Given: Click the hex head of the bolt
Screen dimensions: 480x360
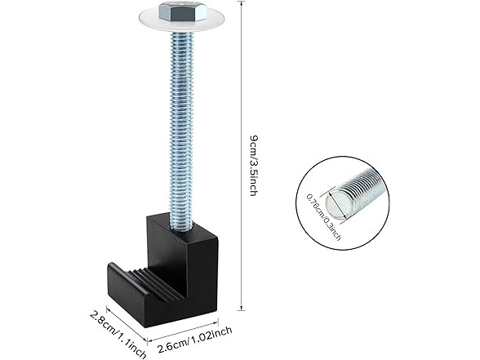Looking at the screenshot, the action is click(183, 11).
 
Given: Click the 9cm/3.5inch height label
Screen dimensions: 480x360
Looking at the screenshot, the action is click(254, 165).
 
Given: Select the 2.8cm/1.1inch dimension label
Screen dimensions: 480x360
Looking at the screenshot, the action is click(118, 335).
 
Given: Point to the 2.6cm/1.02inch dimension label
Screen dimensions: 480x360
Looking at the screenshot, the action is click(194, 340).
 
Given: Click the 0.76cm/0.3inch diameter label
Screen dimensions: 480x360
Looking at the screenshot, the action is click(323, 217).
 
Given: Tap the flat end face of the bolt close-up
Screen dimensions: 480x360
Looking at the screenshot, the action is click(336, 204).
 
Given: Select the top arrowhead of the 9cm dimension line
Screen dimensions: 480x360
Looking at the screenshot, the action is click(242, 3).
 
